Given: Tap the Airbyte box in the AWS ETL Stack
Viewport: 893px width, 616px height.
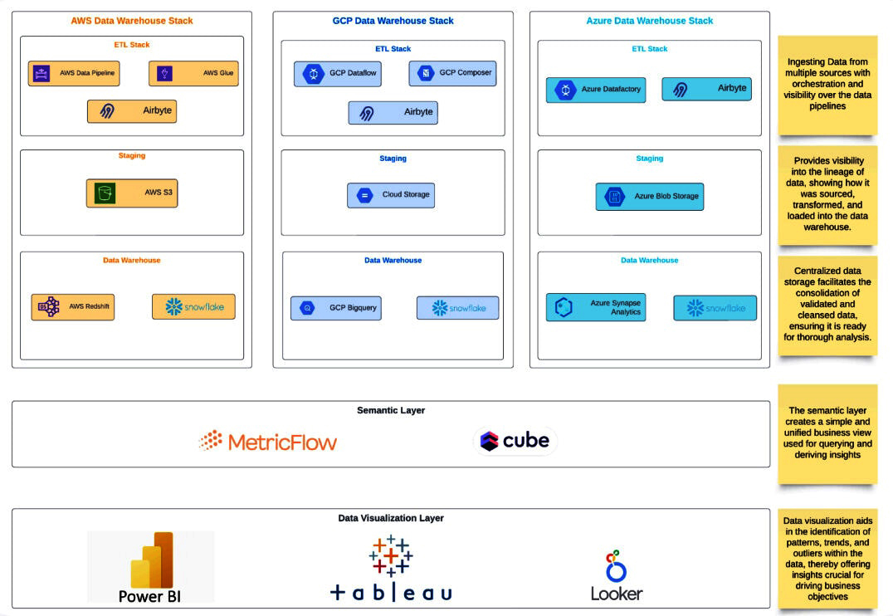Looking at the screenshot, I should (132, 110).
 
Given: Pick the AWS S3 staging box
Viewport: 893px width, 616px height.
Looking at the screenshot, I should (132, 193).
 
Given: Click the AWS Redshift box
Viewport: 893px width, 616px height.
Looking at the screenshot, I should (73, 307).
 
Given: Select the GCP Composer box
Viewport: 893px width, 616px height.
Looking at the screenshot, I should (451, 73).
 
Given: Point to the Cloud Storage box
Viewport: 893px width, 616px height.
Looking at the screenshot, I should (391, 195).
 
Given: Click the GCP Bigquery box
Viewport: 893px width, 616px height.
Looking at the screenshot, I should (336, 308).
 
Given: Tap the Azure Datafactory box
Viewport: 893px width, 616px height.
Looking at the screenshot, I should (596, 90).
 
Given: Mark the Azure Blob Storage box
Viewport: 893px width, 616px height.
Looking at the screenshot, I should (649, 197).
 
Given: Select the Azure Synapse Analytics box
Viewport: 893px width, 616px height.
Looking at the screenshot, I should (596, 308).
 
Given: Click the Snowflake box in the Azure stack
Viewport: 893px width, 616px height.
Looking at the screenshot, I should (715, 308).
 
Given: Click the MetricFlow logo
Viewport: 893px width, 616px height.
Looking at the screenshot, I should (268, 442).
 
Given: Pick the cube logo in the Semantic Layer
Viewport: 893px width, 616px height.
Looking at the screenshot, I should (515, 441).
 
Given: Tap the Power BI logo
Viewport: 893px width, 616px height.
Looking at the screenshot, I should (151, 567).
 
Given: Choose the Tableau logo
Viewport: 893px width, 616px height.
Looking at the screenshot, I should (391, 569).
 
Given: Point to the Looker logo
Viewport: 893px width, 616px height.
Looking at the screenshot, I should (616, 575).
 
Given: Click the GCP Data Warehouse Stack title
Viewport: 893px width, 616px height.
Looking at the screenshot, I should (393, 21).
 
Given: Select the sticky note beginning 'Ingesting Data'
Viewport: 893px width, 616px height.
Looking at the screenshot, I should (827, 84).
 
